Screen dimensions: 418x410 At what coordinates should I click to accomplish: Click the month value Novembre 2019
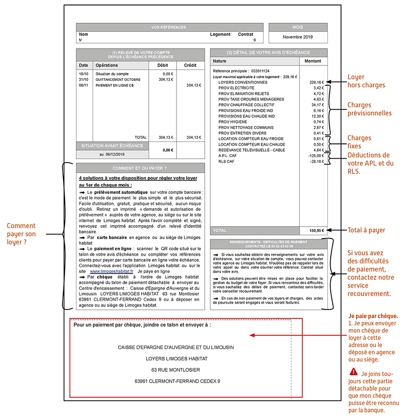click(x=298, y=37)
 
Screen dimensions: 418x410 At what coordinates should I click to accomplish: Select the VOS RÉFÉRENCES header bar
click(x=170, y=27)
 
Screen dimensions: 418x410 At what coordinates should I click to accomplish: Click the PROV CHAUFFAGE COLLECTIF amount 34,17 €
click(x=317, y=105)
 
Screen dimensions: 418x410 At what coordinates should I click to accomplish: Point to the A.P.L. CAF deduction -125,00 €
click(x=316, y=156)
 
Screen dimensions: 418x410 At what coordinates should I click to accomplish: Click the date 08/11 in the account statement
click(x=83, y=85)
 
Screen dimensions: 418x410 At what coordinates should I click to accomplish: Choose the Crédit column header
click(x=190, y=65)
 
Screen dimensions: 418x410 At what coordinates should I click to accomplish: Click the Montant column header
click(x=313, y=61)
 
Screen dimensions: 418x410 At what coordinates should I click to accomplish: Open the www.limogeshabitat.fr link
click(x=112, y=272)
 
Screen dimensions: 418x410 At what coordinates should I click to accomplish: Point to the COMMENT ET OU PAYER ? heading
click(x=140, y=168)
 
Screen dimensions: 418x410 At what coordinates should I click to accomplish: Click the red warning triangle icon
click(x=353, y=371)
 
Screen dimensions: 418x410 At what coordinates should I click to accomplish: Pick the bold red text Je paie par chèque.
click(x=373, y=316)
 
